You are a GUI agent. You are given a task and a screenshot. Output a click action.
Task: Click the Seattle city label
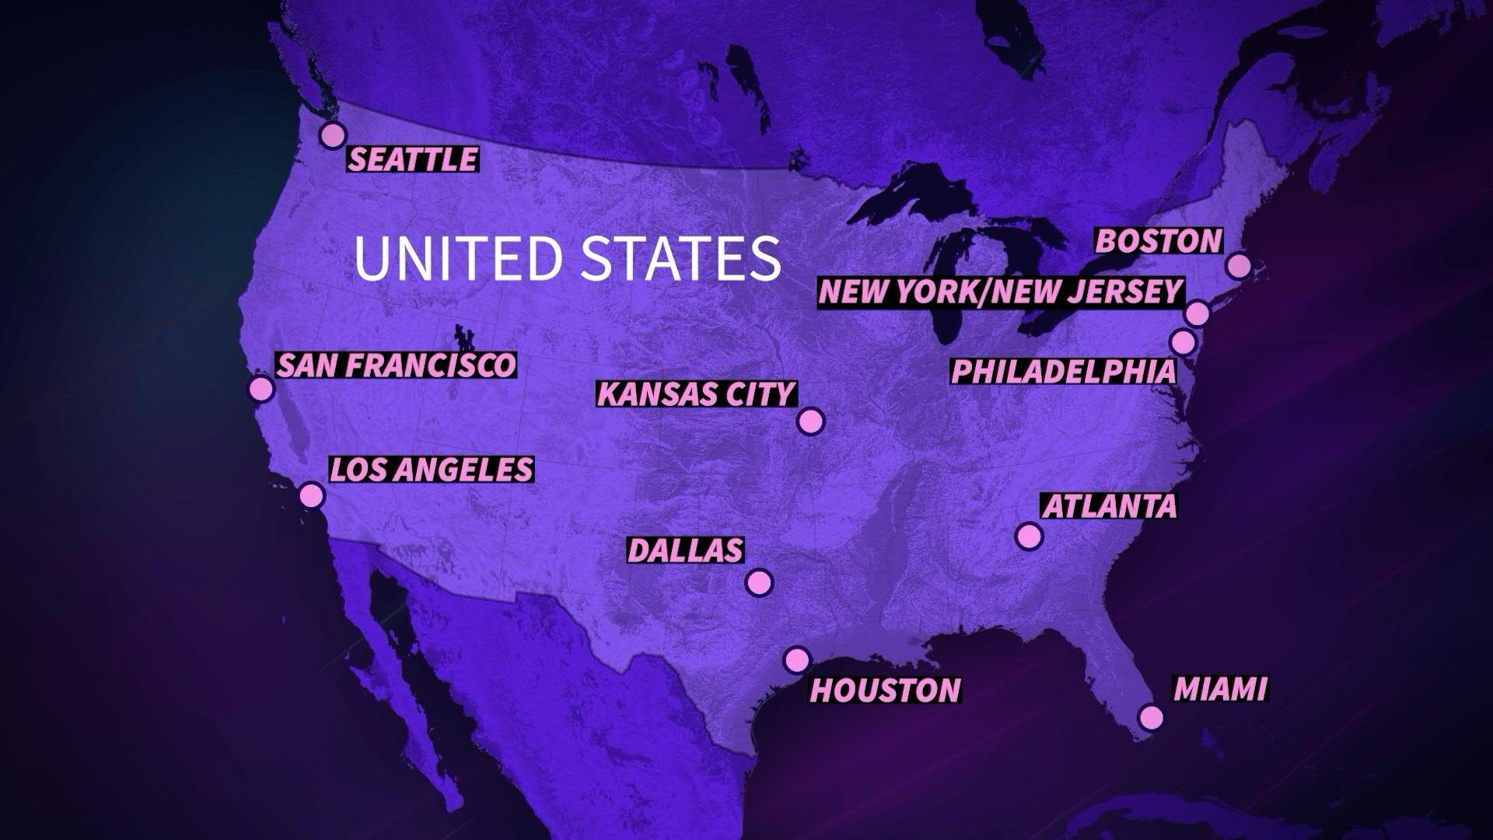(x=412, y=159)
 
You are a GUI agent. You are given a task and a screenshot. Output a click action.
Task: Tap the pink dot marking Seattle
(x=332, y=135)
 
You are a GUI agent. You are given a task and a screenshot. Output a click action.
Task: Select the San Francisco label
(x=397, y=365)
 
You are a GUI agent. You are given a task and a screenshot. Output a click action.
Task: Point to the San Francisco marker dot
(x=261, y=388)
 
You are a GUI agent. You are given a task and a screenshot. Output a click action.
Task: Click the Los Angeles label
(x=432, y=469)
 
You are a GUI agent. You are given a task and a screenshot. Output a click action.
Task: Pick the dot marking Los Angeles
(x=311, y=495)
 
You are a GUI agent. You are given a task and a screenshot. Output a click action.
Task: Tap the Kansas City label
(x=696, y=394)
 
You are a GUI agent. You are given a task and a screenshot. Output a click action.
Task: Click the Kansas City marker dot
(x=810, y=421)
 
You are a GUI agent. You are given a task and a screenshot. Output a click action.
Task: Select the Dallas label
(x=685, y=550)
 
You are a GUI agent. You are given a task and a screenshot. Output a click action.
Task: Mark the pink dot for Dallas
(x=758, y=582)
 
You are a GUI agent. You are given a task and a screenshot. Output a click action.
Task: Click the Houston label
(x=886, y=690)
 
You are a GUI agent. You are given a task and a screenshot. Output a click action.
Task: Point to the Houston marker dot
(x=796, y=660)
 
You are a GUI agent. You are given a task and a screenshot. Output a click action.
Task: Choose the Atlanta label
(x=1110, y=506)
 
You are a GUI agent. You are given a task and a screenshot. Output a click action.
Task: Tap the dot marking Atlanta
(x=1029, y=535)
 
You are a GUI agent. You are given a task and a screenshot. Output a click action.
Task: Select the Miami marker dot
(x=1151, y=716)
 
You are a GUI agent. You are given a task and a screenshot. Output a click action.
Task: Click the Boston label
(x=1159, y=241)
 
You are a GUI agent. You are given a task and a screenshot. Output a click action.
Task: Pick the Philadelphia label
(x=1064, y=371)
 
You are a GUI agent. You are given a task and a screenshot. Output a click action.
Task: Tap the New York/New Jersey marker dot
(x=1198, y=313)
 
